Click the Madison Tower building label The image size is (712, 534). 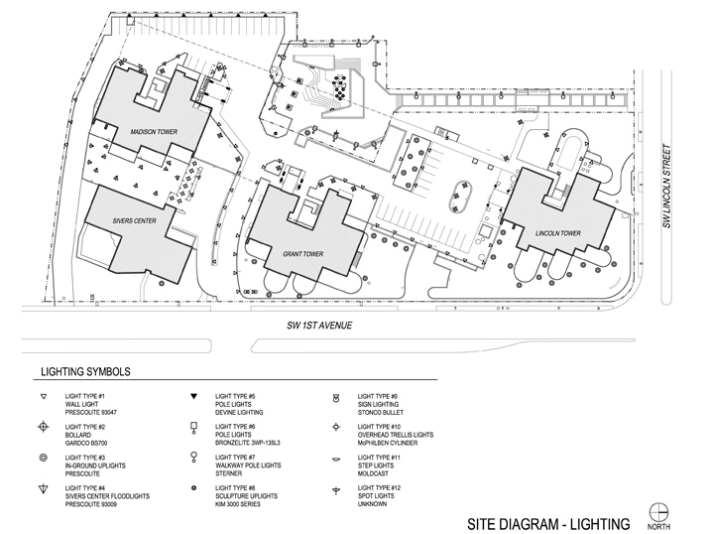coord(154,132)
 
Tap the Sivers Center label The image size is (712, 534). coord(135,221)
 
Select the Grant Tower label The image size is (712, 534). coord(302,254)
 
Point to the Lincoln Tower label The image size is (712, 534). coord(558,233)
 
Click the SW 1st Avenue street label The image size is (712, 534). coord(319,326)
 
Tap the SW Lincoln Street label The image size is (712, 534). coord(666,186)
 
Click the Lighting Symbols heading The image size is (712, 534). coord(85,372)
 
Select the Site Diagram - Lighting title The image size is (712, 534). coord(548,524)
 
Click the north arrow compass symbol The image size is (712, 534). coord(658,512)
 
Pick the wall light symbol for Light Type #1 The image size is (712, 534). coord(44,397)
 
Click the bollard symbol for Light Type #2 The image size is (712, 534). coord(44,427)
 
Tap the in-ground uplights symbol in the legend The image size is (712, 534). coord(44,458)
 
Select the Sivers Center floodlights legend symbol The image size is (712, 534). coord(44,489)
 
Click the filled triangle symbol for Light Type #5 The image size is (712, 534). coord(194,396)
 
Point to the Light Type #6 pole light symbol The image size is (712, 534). coord(194,428)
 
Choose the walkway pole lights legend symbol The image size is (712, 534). coord(194,458)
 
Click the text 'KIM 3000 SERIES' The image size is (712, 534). coord(237,504)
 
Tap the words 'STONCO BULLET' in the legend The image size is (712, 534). coord(380,413)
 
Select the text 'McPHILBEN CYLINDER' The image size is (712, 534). coord(388,443)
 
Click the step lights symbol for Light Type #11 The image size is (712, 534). coord(336,460)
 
